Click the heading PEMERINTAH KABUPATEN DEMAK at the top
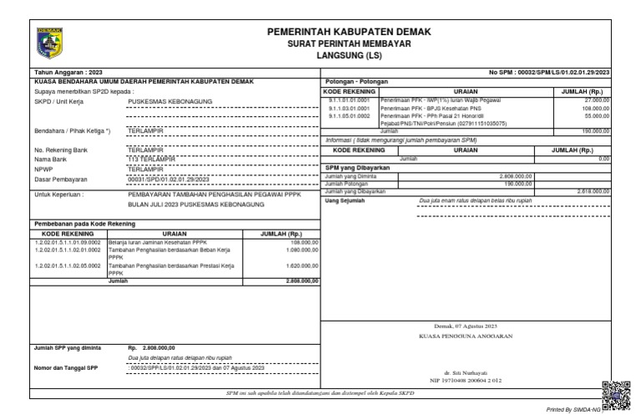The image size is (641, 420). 349,32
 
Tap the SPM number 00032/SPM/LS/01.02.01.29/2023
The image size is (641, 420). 550,72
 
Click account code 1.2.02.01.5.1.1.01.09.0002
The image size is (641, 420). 67,242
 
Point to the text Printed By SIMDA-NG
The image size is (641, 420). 573,412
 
